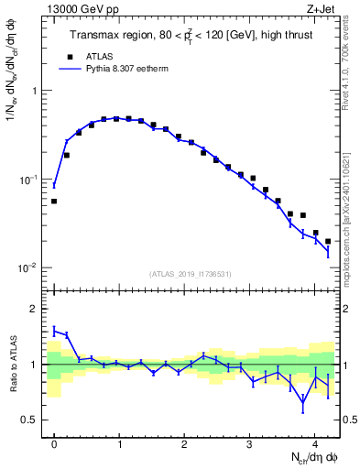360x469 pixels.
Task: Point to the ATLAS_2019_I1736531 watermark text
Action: (191, 274)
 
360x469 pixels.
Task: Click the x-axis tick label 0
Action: (54, 441)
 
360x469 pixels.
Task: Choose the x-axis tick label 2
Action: (184, 441)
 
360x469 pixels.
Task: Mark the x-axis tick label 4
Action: (314, 441)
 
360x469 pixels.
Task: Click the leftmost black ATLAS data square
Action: (54, 201)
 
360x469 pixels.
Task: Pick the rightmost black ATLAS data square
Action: (328, 241)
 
